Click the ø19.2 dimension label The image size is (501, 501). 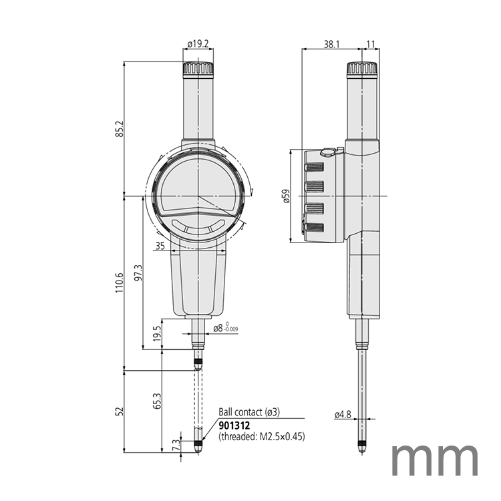pyautogui.click(x=198, y=43)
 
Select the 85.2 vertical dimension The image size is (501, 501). pyautogui.click(x=120, y=128)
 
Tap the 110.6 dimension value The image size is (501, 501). pyautogui.click(x=120, y=283)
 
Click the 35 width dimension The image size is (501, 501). pyautogui.click(x=160, y=246)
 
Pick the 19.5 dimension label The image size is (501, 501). pyautogui.click(x=158, y=333)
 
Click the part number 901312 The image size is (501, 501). pyautogui.click(x=234, y=425)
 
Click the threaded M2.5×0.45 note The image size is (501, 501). pyautogui.click(x=262, y=436)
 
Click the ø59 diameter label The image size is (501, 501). pyautogui.click(x=286, y=196)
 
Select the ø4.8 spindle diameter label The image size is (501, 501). pyautogui.click(x=342, y=415)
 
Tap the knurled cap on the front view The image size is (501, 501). pyautogui.click(x=198, y=68)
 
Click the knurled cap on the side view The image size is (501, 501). pyautogui.click(x=361, y=68)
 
